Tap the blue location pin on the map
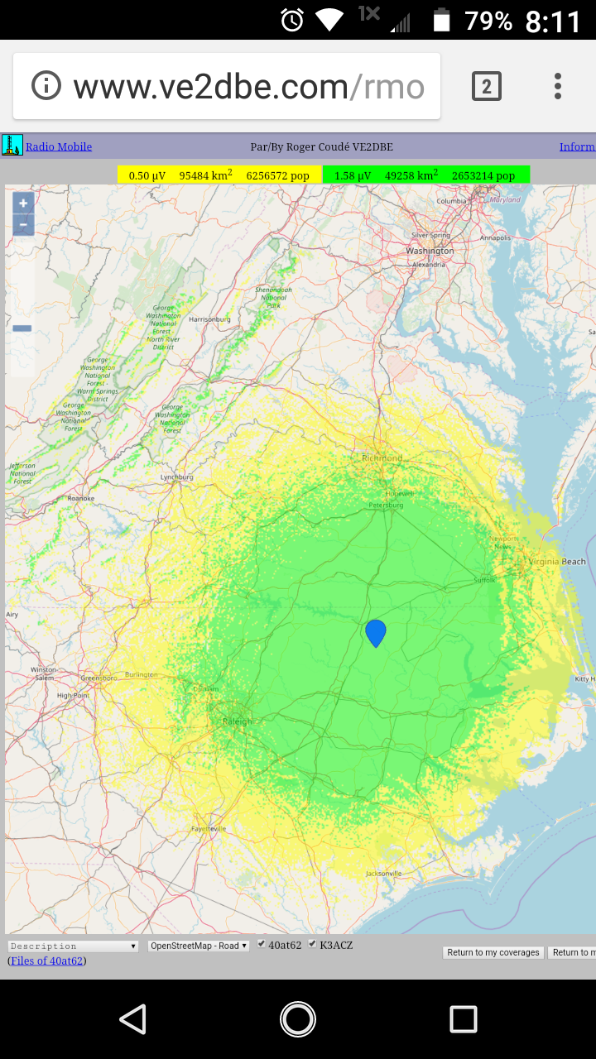[x=376, y=632]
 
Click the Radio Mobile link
[x=59, y=147]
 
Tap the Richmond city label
[x=382, y=458]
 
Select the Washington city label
[x=430, y=251]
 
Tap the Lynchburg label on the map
[x=176, y=477]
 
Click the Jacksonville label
[x=383, y=873]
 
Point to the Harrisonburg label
[x=209, y=319]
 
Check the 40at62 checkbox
[x=262, y=944]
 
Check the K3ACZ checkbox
[x=312, y=944]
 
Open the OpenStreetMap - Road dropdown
[x=198, y=946]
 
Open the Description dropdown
[x=73, y=946]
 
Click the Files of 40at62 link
[x=47, y=961]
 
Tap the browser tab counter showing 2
[x=487, y=86]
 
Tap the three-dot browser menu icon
[x=558, y=86]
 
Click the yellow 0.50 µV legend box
[x=219, y=175]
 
